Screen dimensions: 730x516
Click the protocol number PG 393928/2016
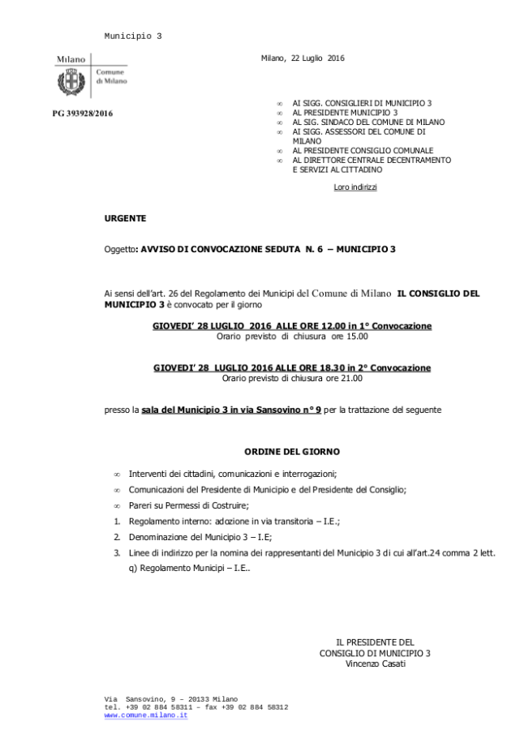pos(83,114)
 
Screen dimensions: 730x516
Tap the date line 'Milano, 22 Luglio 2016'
pos(303,58)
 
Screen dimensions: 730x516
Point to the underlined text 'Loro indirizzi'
pos(355,187)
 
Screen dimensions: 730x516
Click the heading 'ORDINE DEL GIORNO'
pos(292,450)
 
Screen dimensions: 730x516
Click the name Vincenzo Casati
pos(374,663)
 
